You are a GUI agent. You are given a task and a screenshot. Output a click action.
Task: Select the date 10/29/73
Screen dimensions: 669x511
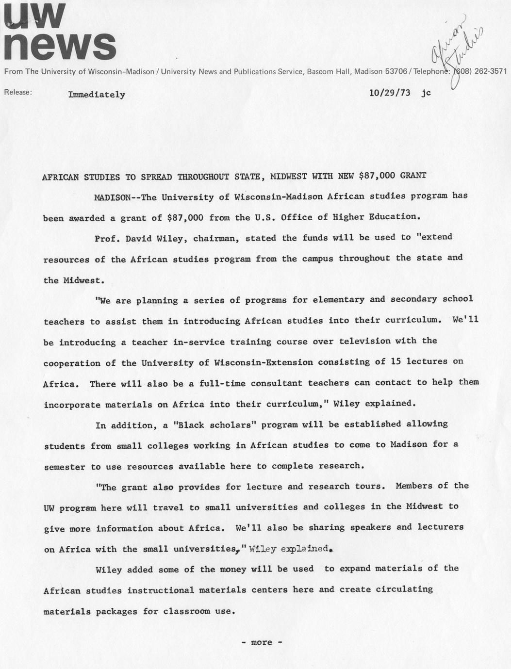point(389,93)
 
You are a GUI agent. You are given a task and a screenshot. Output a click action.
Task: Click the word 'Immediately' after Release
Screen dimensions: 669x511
point(97,95)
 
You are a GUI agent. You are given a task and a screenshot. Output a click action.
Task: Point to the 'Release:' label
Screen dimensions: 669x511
point(18,92)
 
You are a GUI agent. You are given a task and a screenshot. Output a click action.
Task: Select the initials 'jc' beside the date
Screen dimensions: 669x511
point(426,93)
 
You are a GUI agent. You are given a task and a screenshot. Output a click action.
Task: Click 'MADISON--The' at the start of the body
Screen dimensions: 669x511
point(124,197)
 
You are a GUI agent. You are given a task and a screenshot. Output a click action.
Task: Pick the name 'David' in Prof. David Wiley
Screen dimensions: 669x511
point(138,239)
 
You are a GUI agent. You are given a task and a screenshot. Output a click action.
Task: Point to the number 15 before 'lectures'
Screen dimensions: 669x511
point(394,361)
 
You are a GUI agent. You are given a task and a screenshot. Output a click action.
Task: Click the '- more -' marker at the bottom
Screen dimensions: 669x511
point(262,642)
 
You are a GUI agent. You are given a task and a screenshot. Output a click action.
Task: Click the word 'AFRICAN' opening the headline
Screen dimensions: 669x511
point(60,177)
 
